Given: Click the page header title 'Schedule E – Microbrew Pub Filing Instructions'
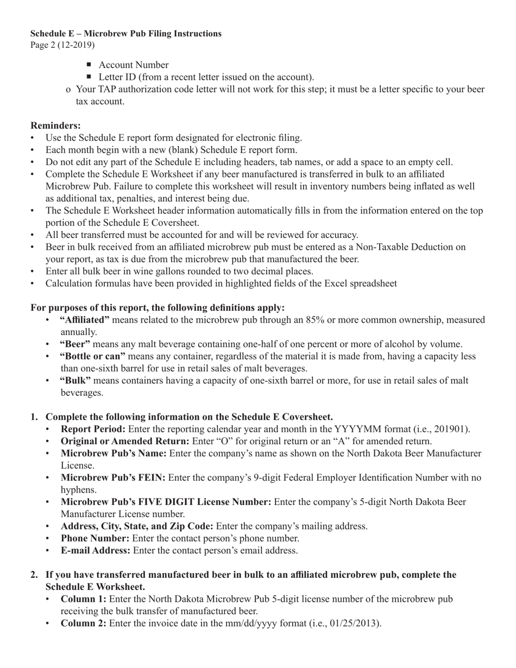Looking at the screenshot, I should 126,34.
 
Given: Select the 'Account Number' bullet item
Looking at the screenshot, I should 134,65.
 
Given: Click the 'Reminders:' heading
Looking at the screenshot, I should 56,125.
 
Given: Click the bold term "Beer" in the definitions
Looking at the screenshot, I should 75,344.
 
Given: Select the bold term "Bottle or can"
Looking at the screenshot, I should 92,356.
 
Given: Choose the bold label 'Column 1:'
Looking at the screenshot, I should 83,599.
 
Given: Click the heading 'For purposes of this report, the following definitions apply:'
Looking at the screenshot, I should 158,308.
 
